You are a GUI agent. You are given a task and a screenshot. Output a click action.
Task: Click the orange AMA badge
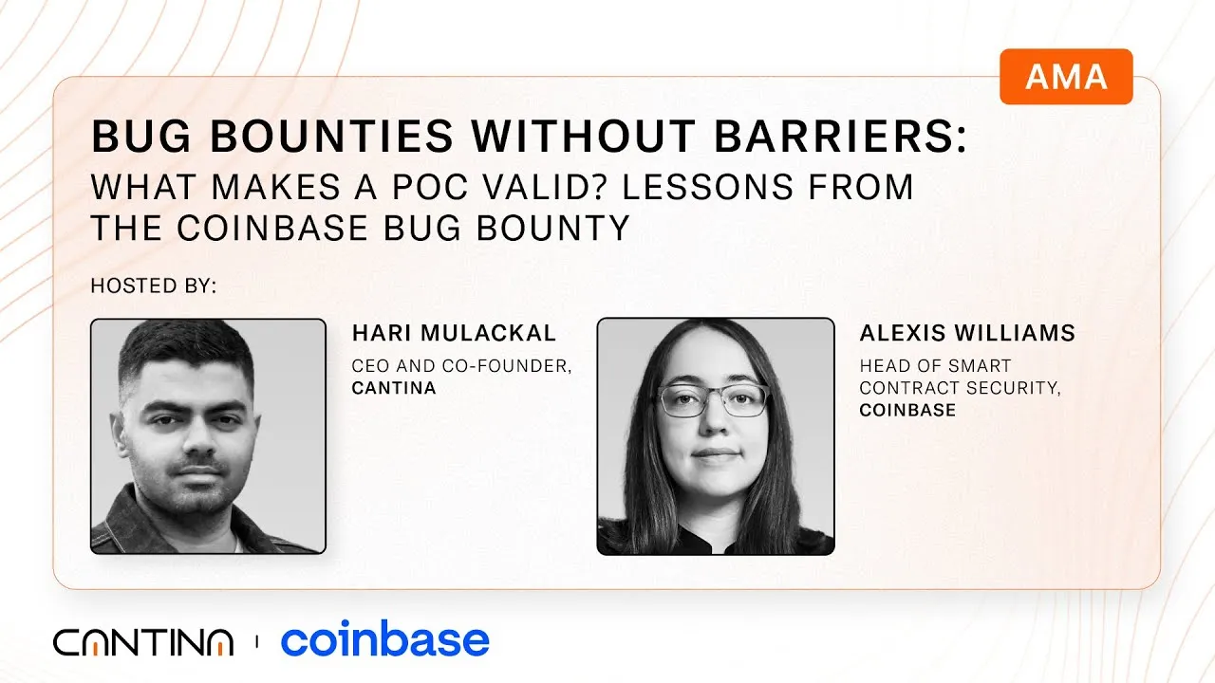pyautogui.click(x=1066, y=77)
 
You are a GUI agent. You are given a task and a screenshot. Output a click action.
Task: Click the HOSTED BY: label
pyautogui.click(x=153, y=286)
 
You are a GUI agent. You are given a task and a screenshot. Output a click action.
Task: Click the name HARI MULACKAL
pyautogui.click(x=454, y=333)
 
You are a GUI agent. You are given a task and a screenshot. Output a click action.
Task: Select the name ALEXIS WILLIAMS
pyautogui.click(x=967, y=333)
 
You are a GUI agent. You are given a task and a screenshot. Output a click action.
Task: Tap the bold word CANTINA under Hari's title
pyautogui.click(x=394, y=387)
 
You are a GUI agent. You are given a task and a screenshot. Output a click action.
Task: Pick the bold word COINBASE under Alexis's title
pyautogui.click(x=907, y=410)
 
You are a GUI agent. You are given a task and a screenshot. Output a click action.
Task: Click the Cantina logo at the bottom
pyautogui.click(x=142, y=642)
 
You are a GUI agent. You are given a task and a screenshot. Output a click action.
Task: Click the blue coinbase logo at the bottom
pyautogui.click(x=384, y=641)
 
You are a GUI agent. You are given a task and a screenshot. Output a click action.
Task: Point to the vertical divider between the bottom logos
pyautogui.click(x=256, y=642)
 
